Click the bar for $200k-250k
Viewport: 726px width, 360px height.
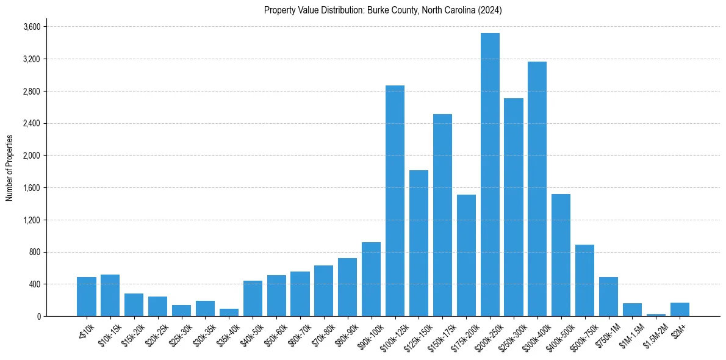pyautogui.click(x=490, y=175)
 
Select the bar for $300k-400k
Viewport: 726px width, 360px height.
pyautogui.click(x=537, y=189)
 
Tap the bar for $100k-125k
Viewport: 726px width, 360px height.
pyautogui.click(x=395, y=201)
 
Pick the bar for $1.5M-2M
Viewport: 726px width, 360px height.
pyautogui.click(x=656, y=315)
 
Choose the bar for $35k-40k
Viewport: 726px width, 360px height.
pyautogui.click(x=229, y=312)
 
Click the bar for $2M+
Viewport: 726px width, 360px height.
pyautogui.click(x=680, y=309)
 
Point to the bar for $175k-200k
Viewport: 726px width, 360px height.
pyautogui.click(x=466, y=256)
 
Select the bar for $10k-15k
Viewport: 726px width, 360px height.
pyautogui.click(x=110, y=295)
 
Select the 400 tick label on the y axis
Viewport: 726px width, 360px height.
pyautogui.click(x=34, y=284)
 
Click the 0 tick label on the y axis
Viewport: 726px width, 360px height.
pyautogui.click(x=38, y=317)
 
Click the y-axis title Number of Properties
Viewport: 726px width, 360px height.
pyautogui.click(x=9, y=168)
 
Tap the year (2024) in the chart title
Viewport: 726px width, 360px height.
pyautogui.click(x=490, y=10)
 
